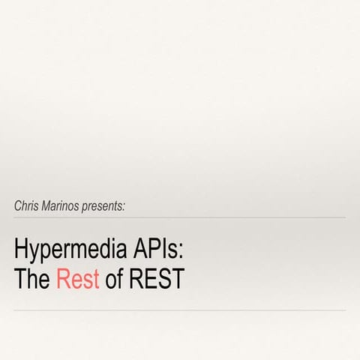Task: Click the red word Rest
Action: point(78,278)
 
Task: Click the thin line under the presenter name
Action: point(180,217)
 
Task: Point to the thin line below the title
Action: point(180,310)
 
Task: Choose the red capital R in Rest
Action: point(64,278)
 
